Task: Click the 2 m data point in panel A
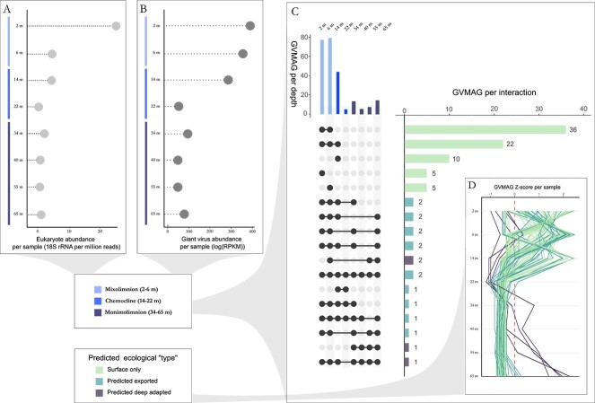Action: (x=116, y=25)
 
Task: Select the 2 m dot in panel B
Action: (x=250, y=25)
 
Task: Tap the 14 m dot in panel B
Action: (x=228, y=81)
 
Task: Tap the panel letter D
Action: (x=471, y=186)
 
